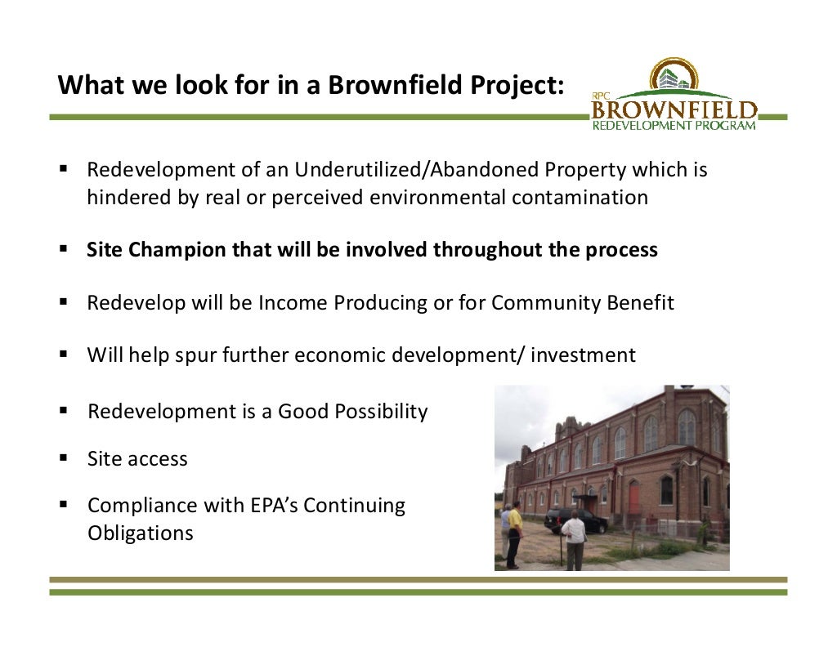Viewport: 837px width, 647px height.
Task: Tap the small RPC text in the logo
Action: [x=602, y=94]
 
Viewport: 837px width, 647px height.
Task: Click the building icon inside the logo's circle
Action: [x=674, y=78]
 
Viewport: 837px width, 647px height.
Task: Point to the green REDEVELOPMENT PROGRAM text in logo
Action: [x=674, y=125]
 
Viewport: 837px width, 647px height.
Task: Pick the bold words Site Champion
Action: [x=157, y=250]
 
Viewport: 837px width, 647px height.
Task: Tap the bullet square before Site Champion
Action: [x=62, y=249]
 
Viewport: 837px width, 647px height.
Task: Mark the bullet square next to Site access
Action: [x=62, y=458]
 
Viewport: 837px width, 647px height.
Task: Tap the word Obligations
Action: [x=141, y=533]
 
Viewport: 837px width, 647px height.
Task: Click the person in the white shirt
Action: [x=575, y=538]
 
